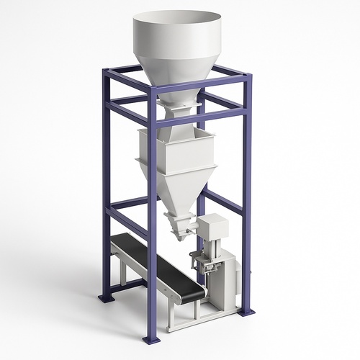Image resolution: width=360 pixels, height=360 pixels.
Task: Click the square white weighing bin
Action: click(176, 155)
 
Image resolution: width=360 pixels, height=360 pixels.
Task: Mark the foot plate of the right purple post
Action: click(247, 312)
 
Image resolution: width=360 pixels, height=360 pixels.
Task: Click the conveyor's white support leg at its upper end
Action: click(123, 270)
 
